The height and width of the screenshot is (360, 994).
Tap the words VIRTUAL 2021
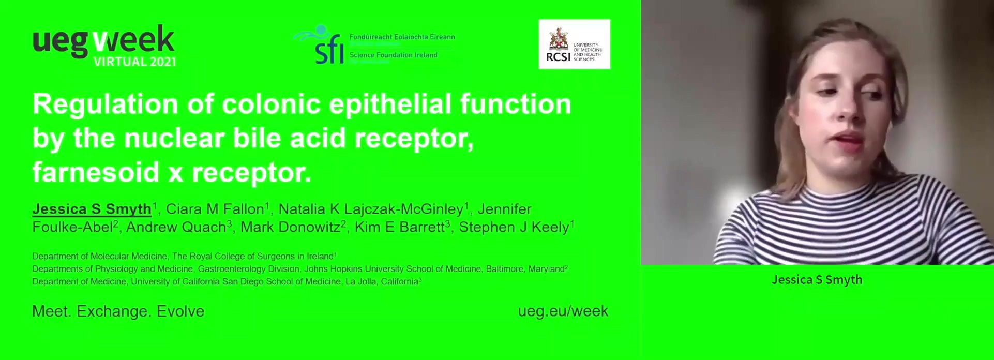tap(134, 62)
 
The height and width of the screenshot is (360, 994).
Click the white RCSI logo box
tap(574, 44)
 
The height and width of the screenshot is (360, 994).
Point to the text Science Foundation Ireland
tap(393, 55)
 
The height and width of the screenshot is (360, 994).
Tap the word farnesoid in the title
tap(96, 172)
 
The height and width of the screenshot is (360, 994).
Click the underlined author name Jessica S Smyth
tap(92, 209)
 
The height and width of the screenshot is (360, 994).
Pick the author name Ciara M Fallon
tap(215, 209)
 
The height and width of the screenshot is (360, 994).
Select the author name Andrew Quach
tap(176, 227)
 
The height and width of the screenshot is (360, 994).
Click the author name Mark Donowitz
tap(290, 227)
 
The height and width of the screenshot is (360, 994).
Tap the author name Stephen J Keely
tap(514, 227)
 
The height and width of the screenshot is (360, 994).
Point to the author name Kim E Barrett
tap(399, 227)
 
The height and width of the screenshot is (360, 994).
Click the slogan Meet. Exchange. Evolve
tap(118, 311)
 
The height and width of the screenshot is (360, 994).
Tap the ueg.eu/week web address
tap(563, 311)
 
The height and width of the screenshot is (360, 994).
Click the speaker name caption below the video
tap(817, 280)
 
